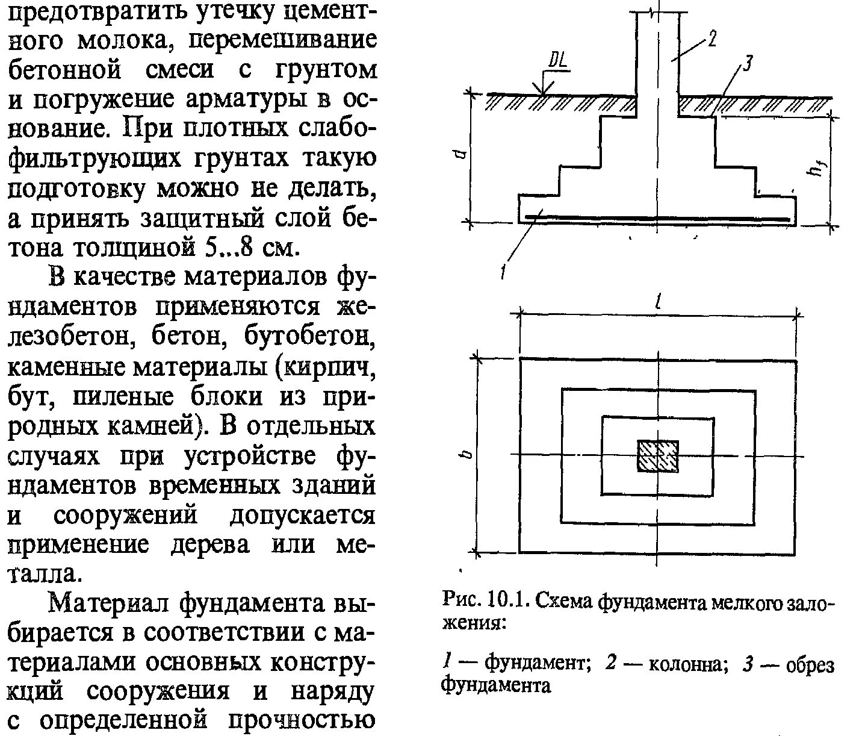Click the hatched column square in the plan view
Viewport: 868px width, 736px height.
point(658,456)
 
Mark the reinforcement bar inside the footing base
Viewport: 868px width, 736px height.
point(658,217)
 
